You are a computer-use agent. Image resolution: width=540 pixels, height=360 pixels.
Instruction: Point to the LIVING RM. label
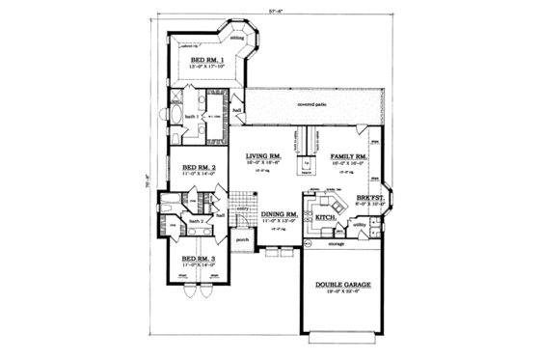pyautogui.click(x=262, y=155)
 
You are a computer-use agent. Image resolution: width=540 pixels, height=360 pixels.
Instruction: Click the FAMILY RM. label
pyautogui.click(x=347, y=155)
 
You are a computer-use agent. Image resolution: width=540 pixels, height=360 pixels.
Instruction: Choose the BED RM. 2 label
pyautogui.click(x=200, y=167)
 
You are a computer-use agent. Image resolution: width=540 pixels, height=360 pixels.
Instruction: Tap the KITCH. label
pyautogui.click(x=325, y=218)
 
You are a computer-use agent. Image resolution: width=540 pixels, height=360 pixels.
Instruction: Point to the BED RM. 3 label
pyautogui.click(x=200, y=258)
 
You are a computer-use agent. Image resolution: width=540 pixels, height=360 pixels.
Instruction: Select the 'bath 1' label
pyautogui.click(x=190, y=116)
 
